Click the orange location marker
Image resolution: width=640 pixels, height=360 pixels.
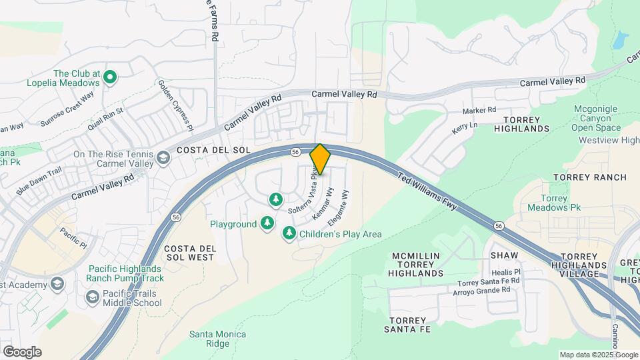[x=320, y=159]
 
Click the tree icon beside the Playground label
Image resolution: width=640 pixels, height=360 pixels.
[x=267, y=223]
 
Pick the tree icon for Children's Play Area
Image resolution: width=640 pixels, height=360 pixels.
[x=289, y=233]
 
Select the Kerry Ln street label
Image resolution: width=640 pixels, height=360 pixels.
[x=465, y=128]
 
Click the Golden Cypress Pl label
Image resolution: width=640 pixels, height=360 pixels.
[x=175, y=105]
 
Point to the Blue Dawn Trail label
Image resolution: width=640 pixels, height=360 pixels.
[x=39, y=180]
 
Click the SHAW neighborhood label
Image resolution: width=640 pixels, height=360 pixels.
[x=504, y=255]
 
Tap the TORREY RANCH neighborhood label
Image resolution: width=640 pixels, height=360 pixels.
[x=590, y=177]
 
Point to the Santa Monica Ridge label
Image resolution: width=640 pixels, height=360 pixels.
[x=217, y=339]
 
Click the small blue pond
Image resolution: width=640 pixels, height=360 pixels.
[x=620, y=40]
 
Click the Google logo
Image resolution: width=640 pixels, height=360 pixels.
[x=22, y=352]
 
